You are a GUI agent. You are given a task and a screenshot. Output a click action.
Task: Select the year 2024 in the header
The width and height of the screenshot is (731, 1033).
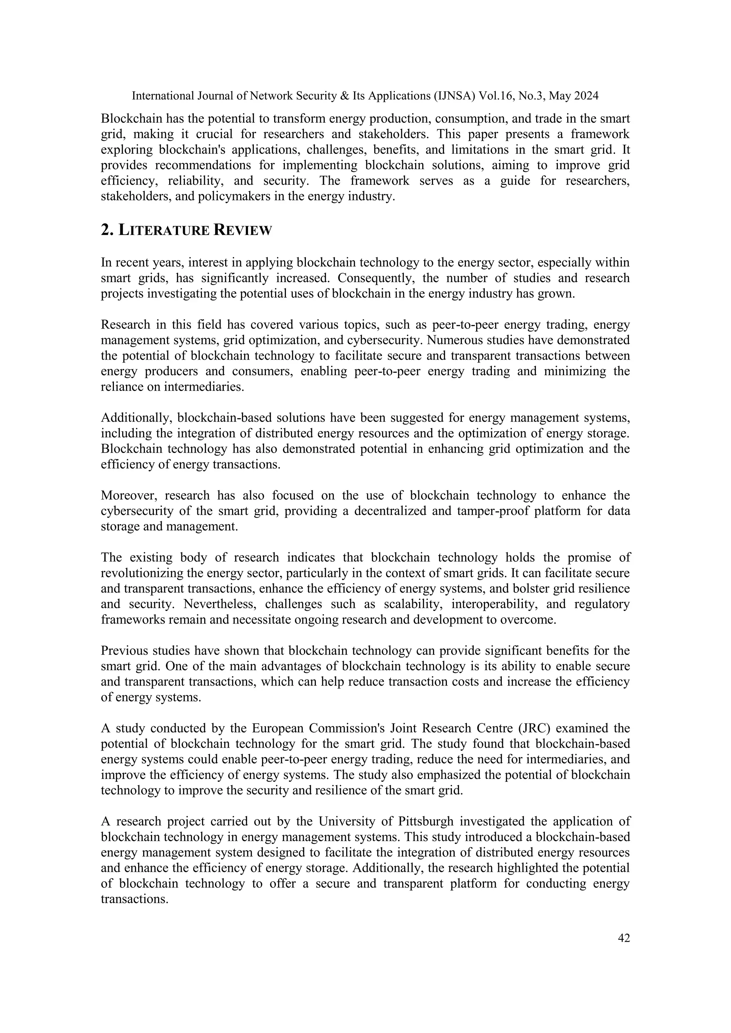pyautogui.click(x=585, y=96)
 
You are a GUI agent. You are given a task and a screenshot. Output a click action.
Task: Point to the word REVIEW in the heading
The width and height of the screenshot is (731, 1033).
pyautogui.click(x=243, y=230)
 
